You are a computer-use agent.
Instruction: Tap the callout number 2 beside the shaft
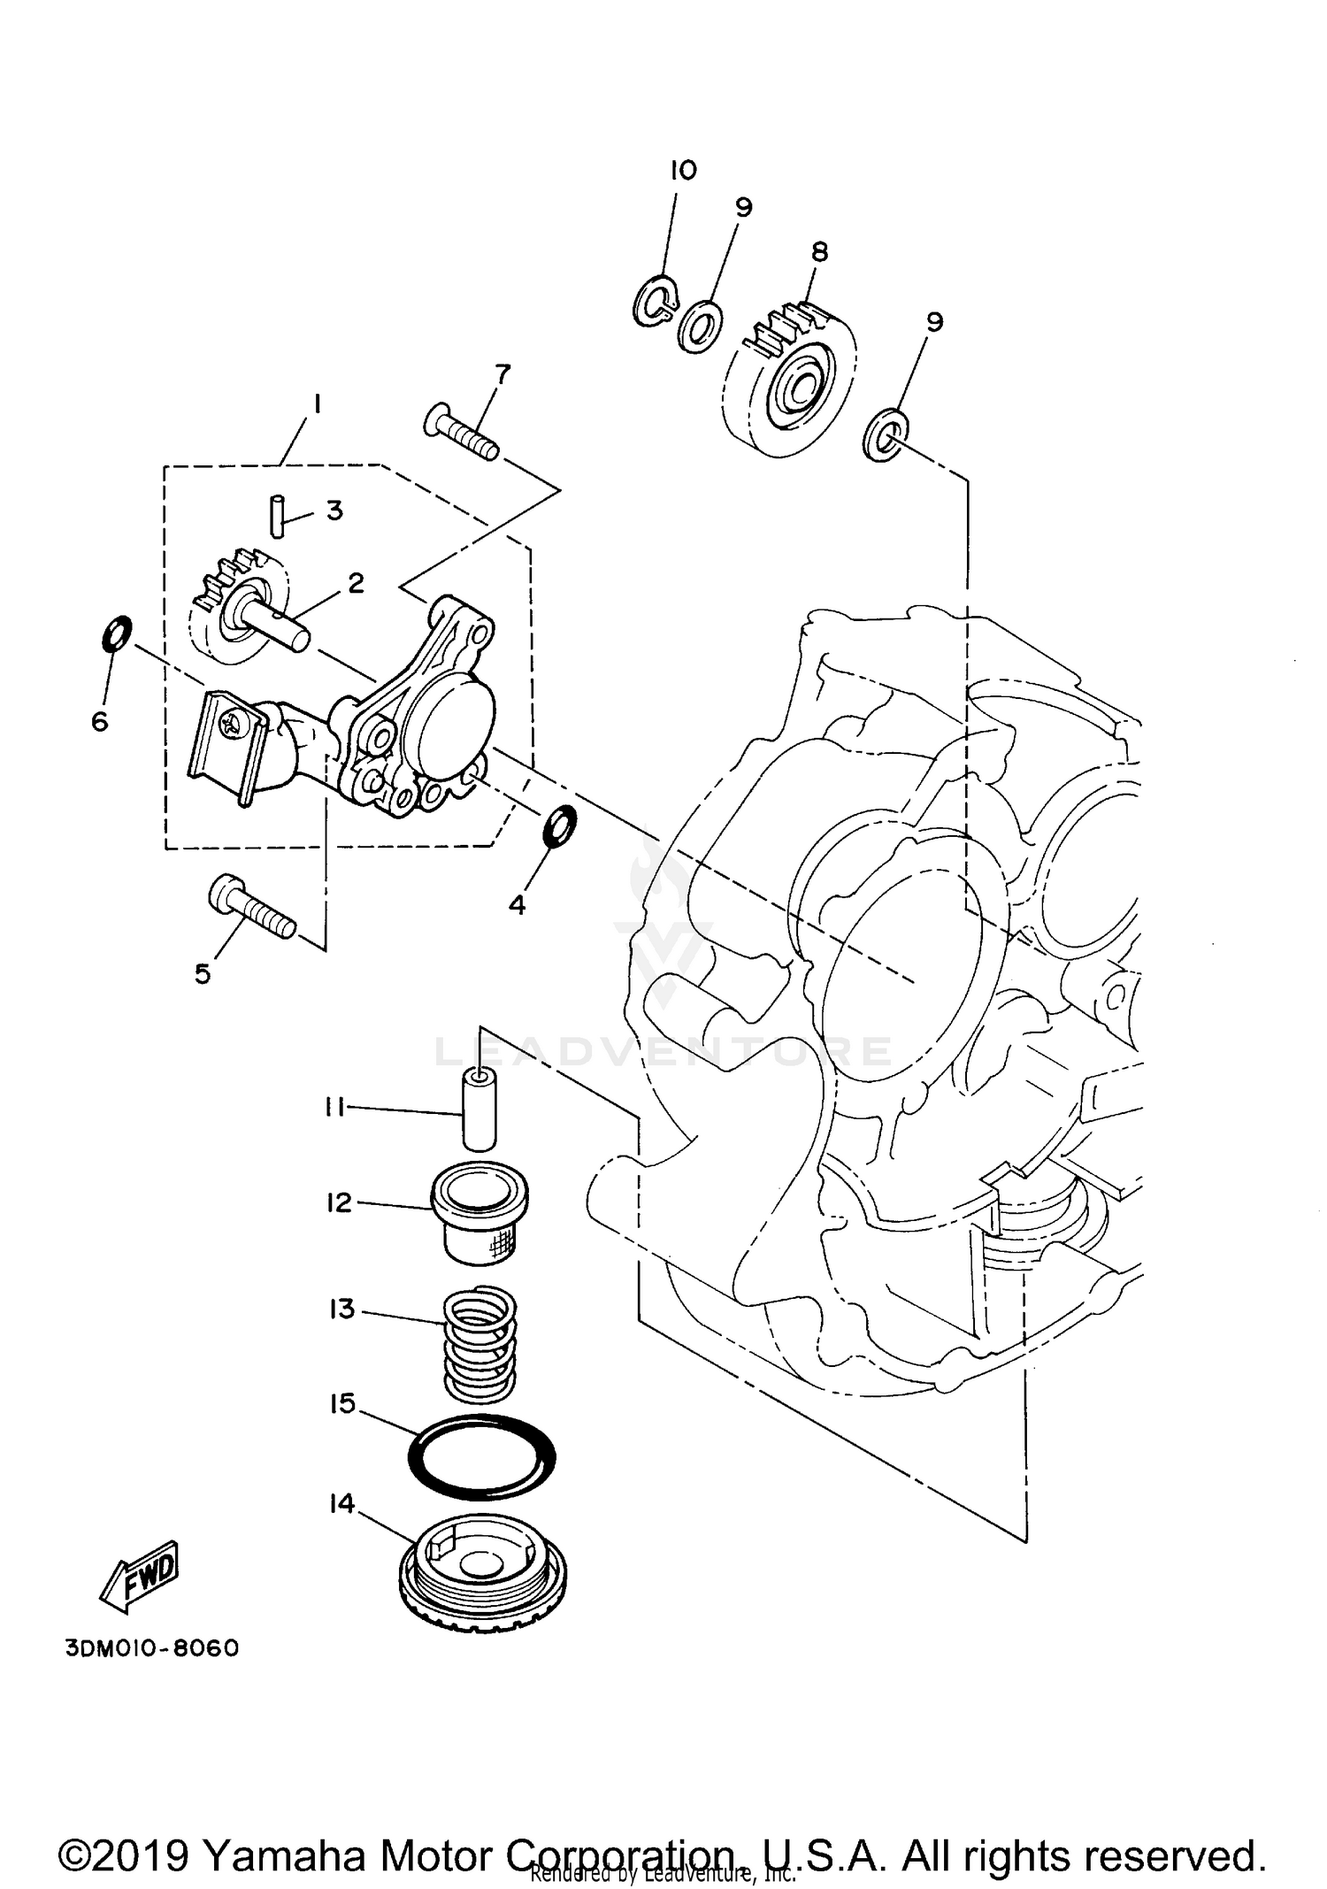tap(356, 583)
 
